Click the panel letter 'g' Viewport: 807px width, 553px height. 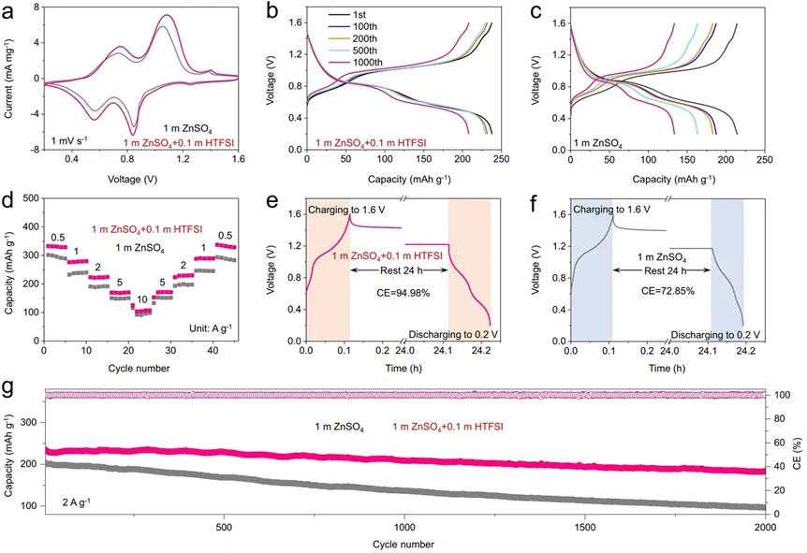[x=8, y=384]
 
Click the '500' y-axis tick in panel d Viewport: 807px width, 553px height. [x=28, y=198]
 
